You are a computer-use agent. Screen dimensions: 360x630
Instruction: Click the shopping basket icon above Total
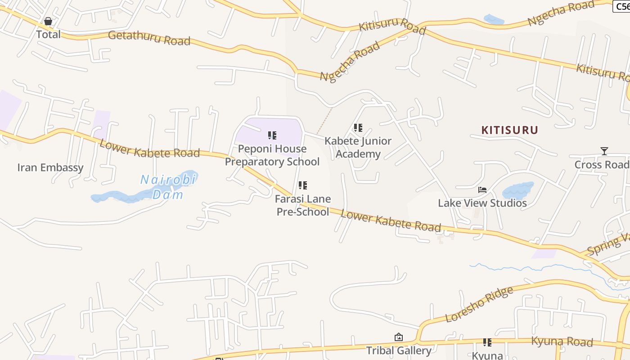pos(48,21)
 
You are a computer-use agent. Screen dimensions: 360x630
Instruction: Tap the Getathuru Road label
pos(149,38)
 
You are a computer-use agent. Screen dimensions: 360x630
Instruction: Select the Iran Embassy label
pos(50,167)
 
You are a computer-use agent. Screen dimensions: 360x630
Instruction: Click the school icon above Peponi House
pos(272,135)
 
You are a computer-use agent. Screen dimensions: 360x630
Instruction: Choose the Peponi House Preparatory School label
pos(272,155)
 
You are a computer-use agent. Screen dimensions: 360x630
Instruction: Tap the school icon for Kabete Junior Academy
pos(358,128)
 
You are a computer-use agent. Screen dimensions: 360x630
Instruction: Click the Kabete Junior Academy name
pos(358,148)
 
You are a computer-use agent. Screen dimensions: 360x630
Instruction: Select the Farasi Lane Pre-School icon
pos(303,185)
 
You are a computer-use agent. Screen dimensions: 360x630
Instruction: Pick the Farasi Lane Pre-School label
pos(303,205)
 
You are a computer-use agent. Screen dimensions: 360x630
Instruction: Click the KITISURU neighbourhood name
pos(510,130)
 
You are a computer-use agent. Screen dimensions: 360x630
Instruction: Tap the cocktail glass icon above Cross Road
pos(604,151)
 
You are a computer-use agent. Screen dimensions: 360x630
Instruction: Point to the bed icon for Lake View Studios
pos(482,190)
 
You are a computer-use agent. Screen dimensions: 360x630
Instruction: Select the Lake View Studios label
pos(482,203)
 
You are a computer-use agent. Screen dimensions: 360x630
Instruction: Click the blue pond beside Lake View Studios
pos(517,190)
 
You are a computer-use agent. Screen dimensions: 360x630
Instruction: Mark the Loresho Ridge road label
pos(479,305)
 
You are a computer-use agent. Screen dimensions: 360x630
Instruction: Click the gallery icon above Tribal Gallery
pos(398,337)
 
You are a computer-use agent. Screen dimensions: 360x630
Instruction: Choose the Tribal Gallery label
pos(399,350)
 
